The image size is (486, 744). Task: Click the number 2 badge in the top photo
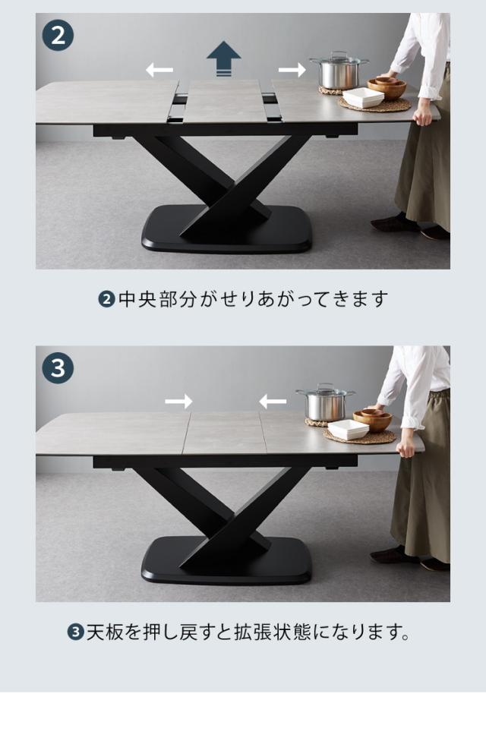[58, 36]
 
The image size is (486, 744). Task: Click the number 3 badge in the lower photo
[58, 367]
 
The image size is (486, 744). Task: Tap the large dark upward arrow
[224, 58]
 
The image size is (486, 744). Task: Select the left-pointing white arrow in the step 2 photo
[159, 70]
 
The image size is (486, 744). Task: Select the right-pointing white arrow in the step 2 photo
[292, 70]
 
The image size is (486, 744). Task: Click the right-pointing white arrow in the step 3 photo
[178, 402]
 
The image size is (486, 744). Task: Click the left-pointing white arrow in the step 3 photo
[273, 402]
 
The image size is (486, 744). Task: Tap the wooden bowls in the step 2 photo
[387, 87]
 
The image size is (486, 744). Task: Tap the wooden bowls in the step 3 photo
[373, 419]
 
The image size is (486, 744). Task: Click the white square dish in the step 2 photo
[363, 98]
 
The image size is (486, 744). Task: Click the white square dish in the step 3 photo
[349, 430]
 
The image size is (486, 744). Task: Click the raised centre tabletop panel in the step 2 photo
[226, 101]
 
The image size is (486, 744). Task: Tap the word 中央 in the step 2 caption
[137, 299]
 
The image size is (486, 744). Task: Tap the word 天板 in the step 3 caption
[105, 632]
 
